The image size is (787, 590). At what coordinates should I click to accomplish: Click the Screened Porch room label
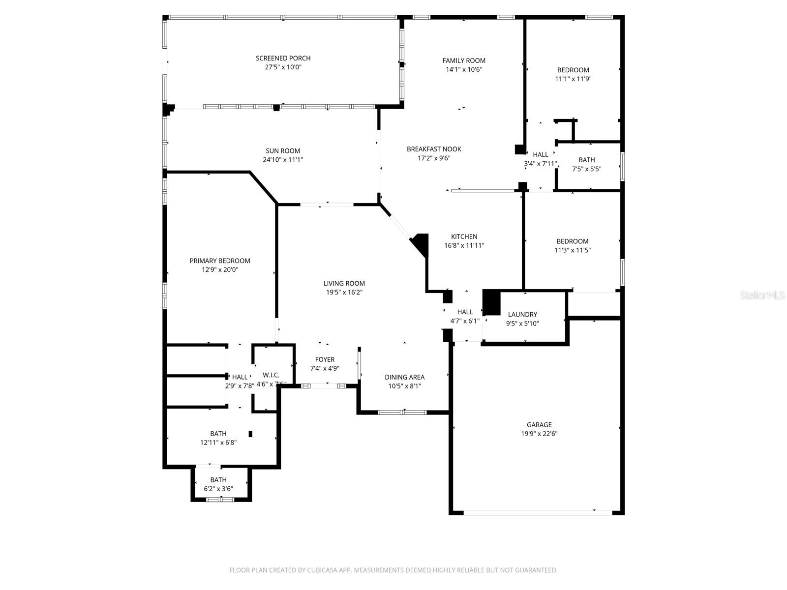283,58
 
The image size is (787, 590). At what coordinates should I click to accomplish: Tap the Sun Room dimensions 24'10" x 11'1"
283,160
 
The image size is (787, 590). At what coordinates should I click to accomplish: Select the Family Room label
464,60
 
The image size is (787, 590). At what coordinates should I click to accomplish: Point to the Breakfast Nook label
434,149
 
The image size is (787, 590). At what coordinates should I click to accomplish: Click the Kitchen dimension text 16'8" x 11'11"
464,245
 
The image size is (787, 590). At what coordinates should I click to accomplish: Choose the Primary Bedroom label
220,261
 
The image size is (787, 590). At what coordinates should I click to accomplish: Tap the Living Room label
344,283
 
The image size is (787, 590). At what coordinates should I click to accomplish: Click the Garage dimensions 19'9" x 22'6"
539,434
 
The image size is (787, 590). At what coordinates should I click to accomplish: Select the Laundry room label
522,315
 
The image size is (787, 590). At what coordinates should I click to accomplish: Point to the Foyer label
325,359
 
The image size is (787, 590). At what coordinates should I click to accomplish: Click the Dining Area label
404,377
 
